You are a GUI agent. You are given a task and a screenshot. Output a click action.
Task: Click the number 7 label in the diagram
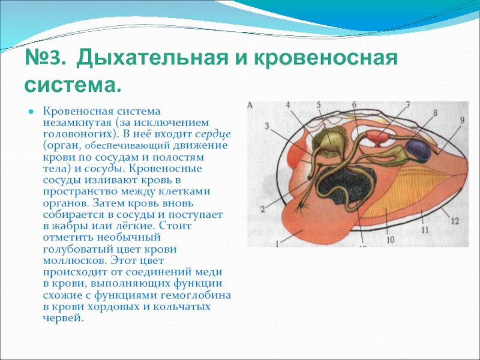(407, 105)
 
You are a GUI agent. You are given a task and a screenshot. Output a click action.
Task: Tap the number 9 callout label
(462, 120)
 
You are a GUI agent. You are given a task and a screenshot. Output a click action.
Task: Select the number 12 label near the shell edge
(455, 220)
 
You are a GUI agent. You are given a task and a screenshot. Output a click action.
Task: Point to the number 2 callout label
(263, 209)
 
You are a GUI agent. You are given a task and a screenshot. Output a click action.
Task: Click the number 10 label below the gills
(391, 239)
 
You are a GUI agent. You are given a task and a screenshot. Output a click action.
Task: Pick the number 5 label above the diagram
(319, 105)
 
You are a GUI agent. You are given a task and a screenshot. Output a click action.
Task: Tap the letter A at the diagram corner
(250, 106)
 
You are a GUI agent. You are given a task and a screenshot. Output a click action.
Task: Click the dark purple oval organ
(418, 150)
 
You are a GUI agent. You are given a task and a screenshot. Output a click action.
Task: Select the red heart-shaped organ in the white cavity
(377, 138)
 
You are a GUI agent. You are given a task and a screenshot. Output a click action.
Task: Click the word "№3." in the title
(46, 57)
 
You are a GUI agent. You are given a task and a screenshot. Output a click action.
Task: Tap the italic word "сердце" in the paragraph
(213, 134)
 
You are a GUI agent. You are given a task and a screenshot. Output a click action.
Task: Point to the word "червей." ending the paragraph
(63, 319)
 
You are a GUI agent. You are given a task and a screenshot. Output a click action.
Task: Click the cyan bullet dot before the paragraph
(31, 112)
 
